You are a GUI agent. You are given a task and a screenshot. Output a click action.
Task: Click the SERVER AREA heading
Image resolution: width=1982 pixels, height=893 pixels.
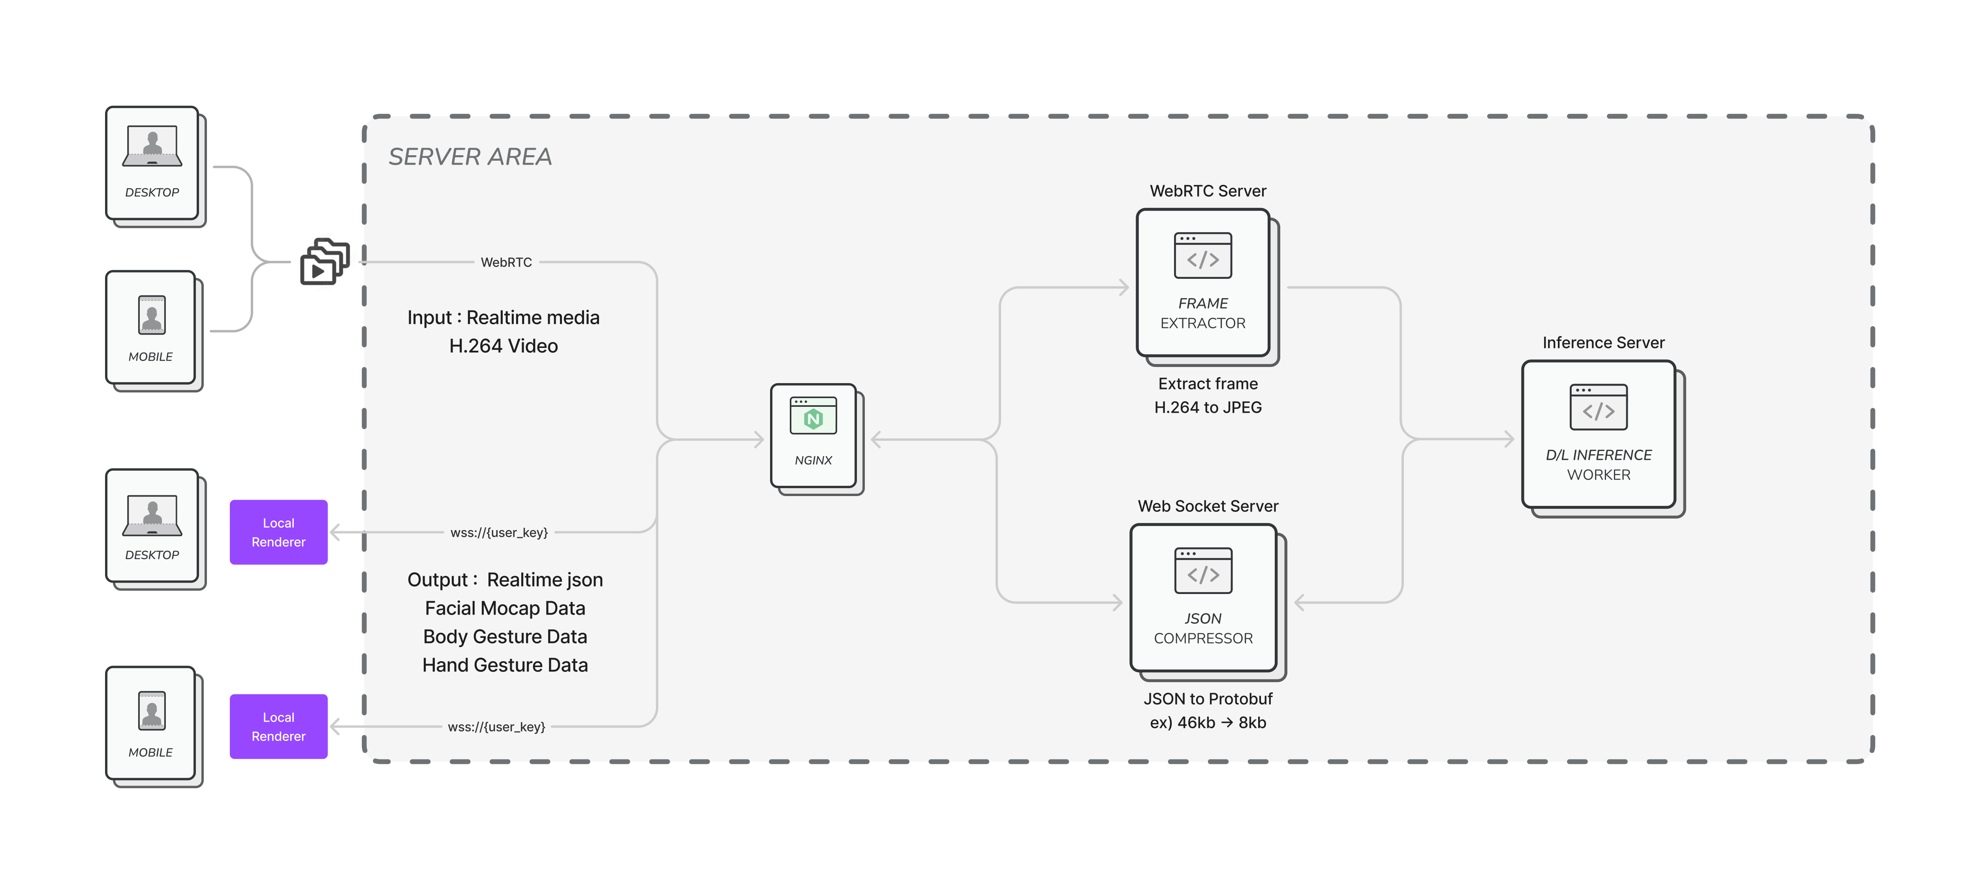point(470,157)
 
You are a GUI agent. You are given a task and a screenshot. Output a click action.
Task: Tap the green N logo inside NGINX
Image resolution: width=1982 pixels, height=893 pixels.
point(813,419)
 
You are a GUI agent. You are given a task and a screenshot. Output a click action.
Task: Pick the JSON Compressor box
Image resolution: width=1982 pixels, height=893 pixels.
point(1203,598)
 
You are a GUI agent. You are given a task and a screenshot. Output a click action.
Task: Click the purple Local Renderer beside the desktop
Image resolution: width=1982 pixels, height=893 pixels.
point(278,532)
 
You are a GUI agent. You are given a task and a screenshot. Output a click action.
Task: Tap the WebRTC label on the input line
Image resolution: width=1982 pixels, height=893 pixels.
point(506,263)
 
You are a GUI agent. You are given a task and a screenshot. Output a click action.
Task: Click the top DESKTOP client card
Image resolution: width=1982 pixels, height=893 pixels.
point(152,163)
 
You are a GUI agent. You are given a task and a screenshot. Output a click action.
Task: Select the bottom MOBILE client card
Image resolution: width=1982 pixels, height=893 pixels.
point(152,724)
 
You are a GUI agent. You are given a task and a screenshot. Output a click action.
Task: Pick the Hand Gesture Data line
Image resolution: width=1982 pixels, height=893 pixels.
point(505,665)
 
